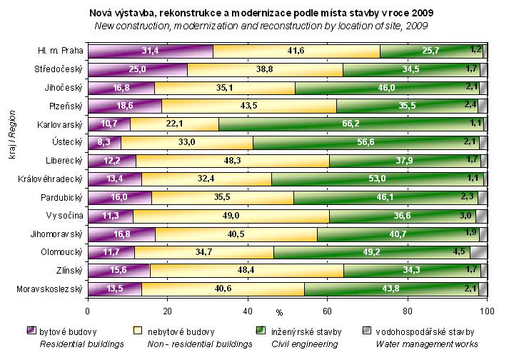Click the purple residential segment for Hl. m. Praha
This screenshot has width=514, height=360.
[150, 51]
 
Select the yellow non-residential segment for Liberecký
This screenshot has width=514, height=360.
[233, 160]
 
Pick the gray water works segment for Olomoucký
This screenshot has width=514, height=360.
[478, 251]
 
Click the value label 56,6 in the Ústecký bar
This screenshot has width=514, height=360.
[366, 142]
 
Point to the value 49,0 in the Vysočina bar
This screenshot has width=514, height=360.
[230, 215]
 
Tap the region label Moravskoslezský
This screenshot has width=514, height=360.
[49, 289]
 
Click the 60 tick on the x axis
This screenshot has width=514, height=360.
[328, 310]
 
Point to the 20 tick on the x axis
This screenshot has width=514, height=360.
[168, 310]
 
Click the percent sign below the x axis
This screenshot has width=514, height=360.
[280, 314]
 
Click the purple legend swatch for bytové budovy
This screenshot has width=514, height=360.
[31, 331]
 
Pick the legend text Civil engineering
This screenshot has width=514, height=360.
[298, 344]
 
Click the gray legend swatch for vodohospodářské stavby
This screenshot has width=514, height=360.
[367, 331]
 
